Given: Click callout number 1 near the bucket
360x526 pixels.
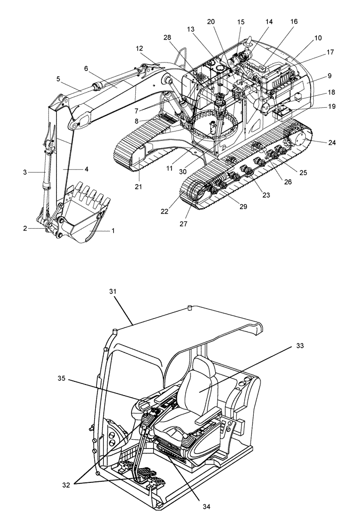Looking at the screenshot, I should pyautogui.click(x=112, y=230).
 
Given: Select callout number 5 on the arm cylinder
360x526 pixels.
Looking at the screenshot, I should pyautogui.click(x=58, y=79).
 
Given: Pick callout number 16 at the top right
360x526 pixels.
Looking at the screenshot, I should pyautogui.click(x=294, y=22).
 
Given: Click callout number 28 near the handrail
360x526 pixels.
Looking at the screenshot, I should pyautogui.click(x=167, y=37).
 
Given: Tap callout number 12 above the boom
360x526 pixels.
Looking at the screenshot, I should pyautogui.click(x=139, y=48).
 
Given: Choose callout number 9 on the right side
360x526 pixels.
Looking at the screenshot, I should pyautogui.click(x=329, y=75).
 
